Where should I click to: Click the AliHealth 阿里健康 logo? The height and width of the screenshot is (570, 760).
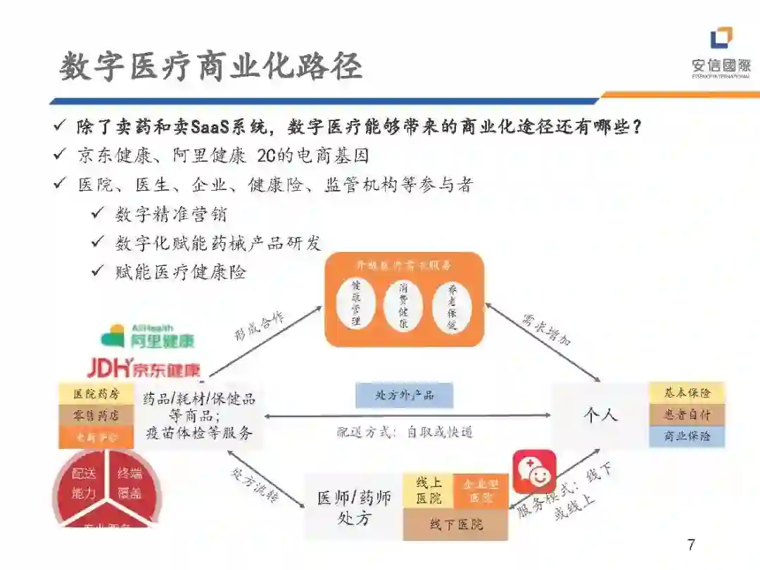point(148,336)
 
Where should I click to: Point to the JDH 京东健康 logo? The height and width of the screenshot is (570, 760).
point(144,367)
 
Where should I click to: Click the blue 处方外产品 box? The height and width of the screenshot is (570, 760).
point(404,395)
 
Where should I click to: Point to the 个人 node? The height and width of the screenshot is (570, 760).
point(600,415)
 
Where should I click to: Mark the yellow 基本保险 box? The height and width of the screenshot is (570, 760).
point(687,393)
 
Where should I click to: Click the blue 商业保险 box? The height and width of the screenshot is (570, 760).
point(687,436)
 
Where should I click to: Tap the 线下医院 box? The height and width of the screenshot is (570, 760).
point(456,525)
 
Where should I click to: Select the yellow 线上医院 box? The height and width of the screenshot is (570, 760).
point(429,490)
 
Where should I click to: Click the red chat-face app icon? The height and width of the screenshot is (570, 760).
point(534,471)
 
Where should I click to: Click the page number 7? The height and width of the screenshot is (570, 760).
point(690,545)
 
